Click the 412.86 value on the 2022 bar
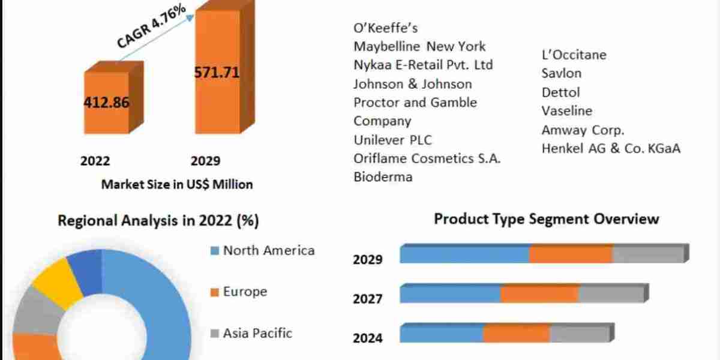click(x=106, y=102)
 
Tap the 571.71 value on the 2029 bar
click(x=217, y=73)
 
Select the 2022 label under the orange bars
click(x=95, y=161)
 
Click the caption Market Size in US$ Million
click(x=177, y=184)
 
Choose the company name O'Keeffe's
click(x=385, y=28)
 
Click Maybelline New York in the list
click(x=419, y=46)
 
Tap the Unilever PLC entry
click(x=392, y=140)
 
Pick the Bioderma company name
click(x=383, y=177)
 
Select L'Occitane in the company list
click(x=574, y=55)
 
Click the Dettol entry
click(x=560, y=92)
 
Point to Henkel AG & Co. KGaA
click(x=611, y=148)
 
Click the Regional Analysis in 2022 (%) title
click(x=158, y=221)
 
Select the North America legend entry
click(x=268, y=250)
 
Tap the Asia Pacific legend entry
click(x=257, y=332)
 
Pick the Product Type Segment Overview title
click(x=546, y=219)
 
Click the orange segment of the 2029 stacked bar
click(x=571, y=254)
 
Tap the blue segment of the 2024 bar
click(x=442, y=334)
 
